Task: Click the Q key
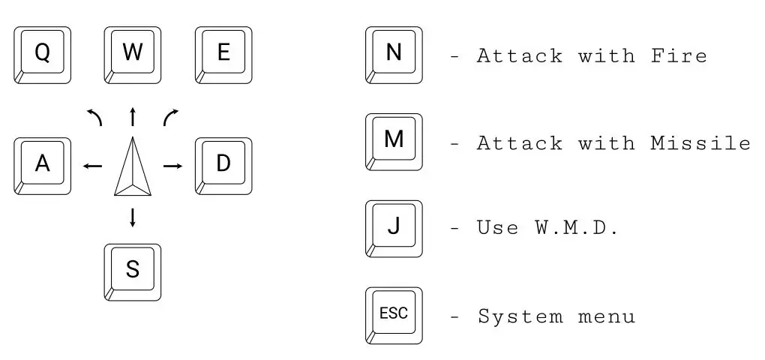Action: (42, 55)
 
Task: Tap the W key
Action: (133, 55)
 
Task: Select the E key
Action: (223, 55)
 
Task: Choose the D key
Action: (223, 165)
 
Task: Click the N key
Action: (394, 55)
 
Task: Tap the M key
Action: (394, 142)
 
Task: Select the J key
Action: (394, 228)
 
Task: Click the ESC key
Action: (394, 315)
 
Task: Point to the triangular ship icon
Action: (133, 169)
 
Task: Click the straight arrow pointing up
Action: (133, 116)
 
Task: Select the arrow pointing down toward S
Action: (133, 217)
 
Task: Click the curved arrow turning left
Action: (95, 116)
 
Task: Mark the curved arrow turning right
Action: (171, 116)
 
